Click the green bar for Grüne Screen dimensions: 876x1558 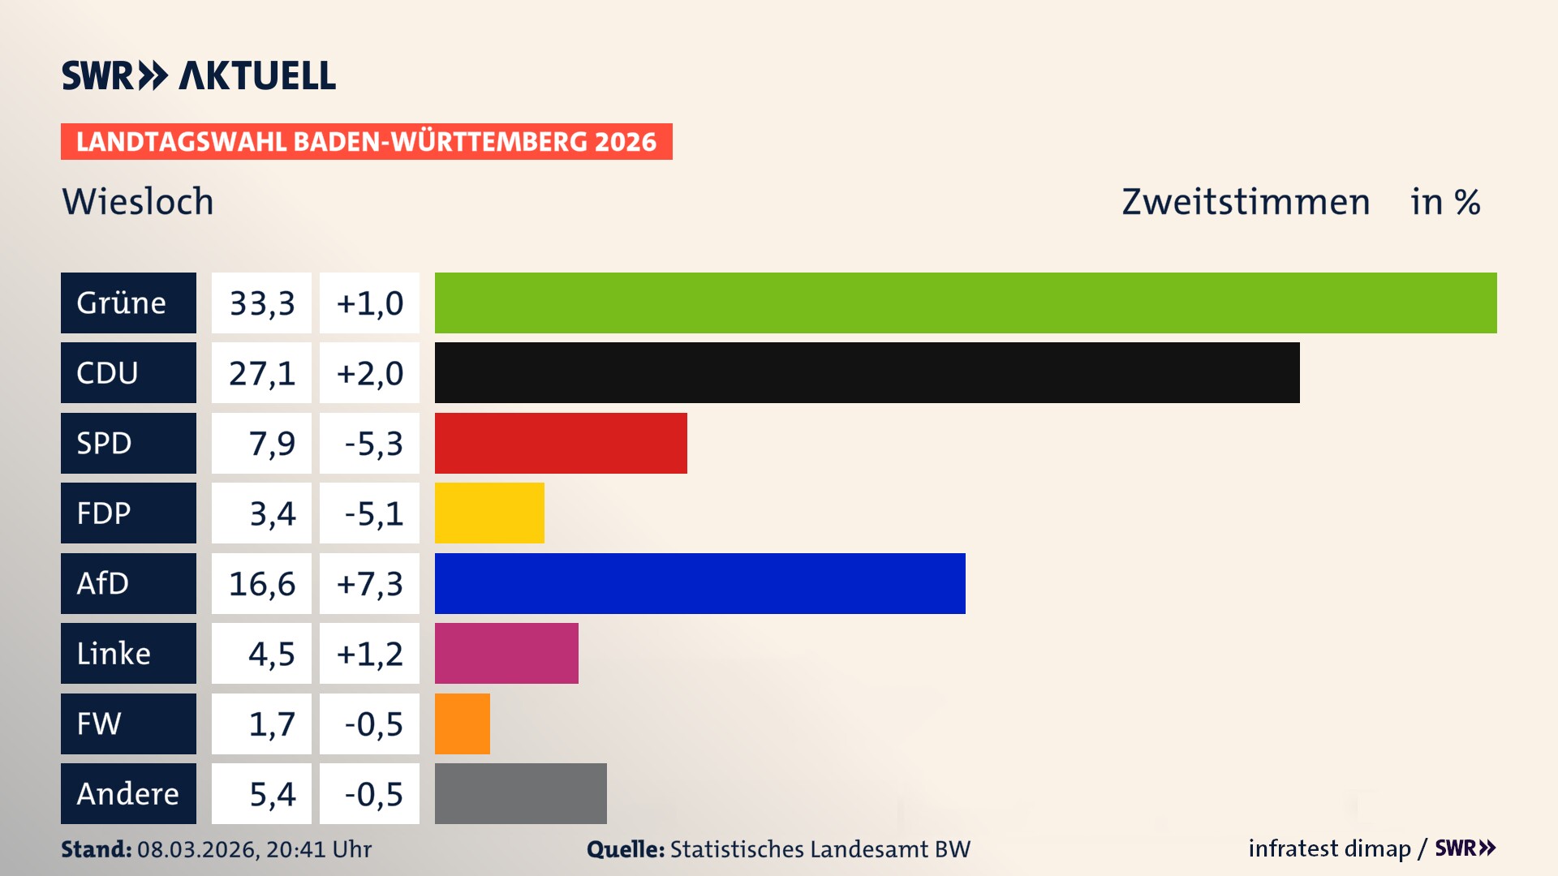point(966,303)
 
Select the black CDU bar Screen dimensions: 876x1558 point(867,372)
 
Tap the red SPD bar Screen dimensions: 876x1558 point(561,443)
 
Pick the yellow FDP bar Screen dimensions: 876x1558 point(489,513)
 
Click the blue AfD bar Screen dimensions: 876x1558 point(699,583)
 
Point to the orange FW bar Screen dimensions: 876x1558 point(463,724)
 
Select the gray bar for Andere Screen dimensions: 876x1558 point(520,793)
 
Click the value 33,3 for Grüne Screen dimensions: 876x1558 point(261,303)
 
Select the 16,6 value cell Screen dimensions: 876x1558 point(261,583)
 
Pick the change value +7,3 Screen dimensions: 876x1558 point(369,583)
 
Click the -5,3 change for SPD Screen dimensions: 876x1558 point(369,443)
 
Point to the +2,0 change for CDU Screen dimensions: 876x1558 point(369,372)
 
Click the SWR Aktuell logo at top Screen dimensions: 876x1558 point(199,75)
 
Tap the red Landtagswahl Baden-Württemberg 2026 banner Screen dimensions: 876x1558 point(366,141)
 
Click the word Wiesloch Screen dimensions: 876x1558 point(138,201)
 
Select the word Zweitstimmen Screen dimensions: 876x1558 point(1246,201)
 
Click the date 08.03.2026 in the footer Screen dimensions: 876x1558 point(197,849)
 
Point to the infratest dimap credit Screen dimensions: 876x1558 point(1329,848)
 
